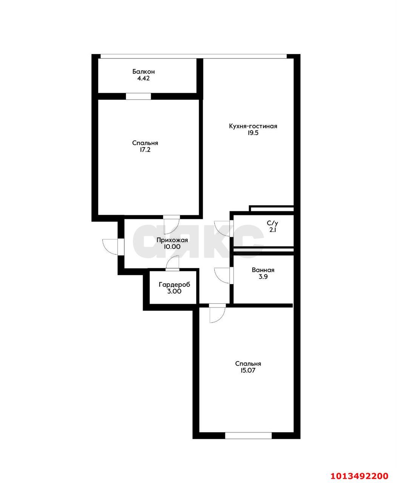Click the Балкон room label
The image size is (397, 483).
(143, 72)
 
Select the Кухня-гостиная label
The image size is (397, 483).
(253, 126)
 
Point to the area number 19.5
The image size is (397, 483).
(253, 133)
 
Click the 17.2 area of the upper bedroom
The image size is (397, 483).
(145, 150)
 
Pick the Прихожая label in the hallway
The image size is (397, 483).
(172, 240)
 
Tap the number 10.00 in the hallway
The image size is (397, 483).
(172, 247)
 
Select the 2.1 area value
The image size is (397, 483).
(272, 230)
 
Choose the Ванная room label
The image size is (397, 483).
(263, 270)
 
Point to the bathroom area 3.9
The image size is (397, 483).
(263, 277)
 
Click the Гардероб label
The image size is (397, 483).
(174, 285)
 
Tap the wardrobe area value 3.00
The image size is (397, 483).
(174, 291)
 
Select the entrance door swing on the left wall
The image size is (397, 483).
(110, 247)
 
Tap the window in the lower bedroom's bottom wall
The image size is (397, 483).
(248, 435)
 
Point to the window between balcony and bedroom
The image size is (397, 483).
(138, 96)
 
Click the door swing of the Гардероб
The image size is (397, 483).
(173, 263)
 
